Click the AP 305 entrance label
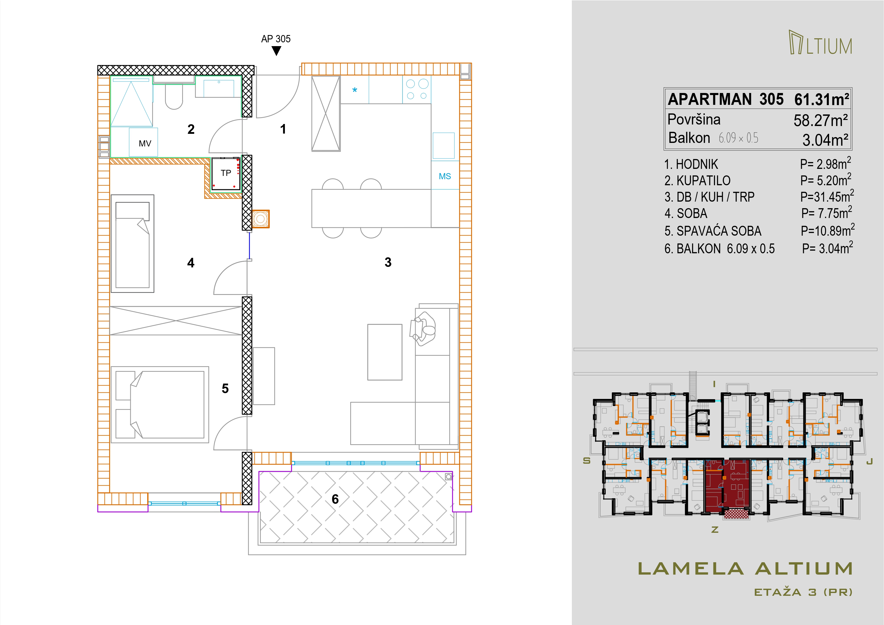(276, 39)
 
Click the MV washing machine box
(143, 142)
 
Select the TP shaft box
(226, 174)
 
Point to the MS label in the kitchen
(445, 176)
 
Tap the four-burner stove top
(417, 90)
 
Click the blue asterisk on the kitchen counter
(355, 90)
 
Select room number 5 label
(225, 389)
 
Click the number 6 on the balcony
(335, 499)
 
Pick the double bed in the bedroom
(160, 404)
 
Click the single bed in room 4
(133, 243)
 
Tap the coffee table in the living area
(385, 352)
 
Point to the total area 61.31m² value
(822, 99)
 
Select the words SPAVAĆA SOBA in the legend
(719, 231)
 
